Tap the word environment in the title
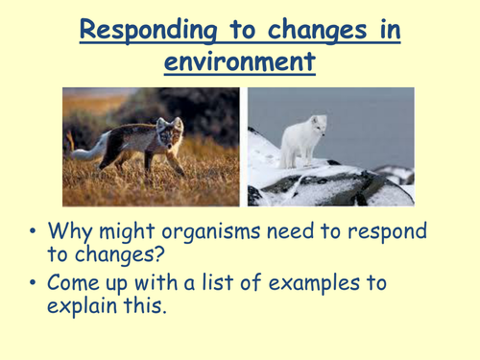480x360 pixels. click(x=239, y=63)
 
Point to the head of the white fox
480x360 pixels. click(x=316, y=125)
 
